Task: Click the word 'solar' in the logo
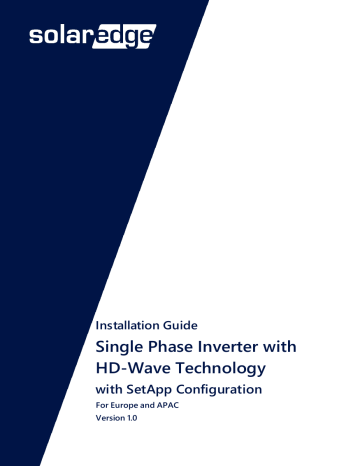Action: (x=60, y=36)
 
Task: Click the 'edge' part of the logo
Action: (x=124, y=36)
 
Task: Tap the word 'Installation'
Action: (x=124, y=325)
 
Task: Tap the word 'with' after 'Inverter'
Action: (x=280, y=347)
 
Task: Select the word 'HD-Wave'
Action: (x=133, y=368)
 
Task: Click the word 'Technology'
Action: (x=220, y=369)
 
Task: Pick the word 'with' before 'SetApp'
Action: (x=109, y=389)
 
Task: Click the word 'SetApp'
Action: (x=149, y=390)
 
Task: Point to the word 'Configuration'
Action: (x=219, y=390)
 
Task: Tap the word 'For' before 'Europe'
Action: (x=102, y=405)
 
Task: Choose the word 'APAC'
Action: (x=168, y=405)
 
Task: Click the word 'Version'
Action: (x=109, y=418)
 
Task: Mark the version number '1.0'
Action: (x=131, y=418)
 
